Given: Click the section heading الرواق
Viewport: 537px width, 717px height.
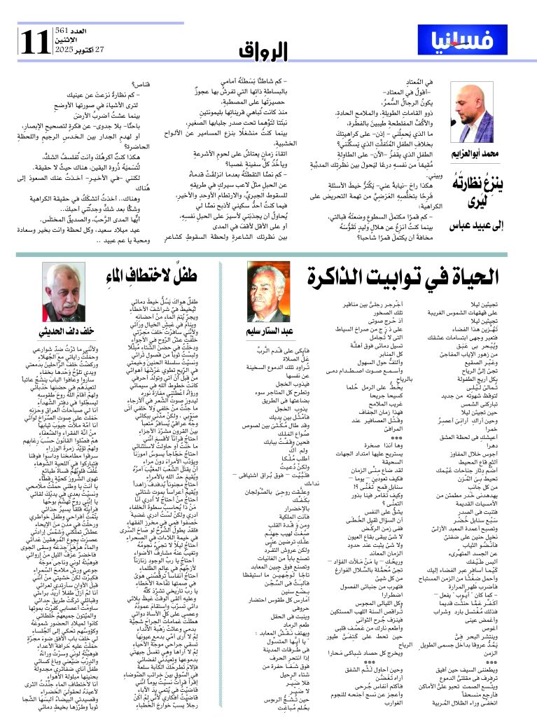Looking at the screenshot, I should pyautogui.click(x=264, y=51).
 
